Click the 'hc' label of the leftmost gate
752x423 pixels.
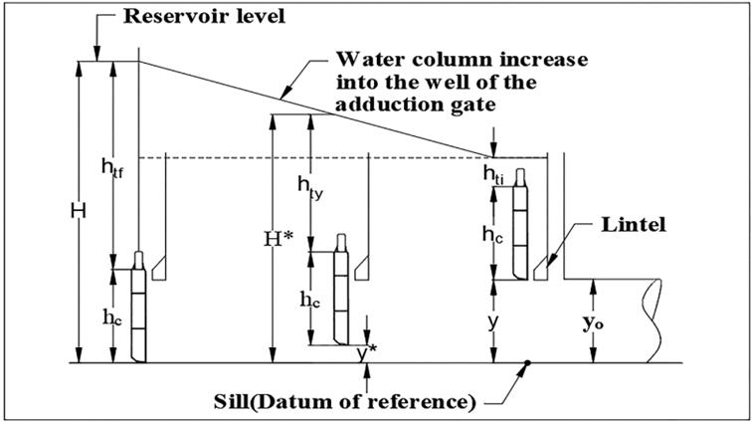point(111,317)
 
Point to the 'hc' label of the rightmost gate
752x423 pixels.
point(492,235)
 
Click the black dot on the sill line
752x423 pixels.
point(528,363)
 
